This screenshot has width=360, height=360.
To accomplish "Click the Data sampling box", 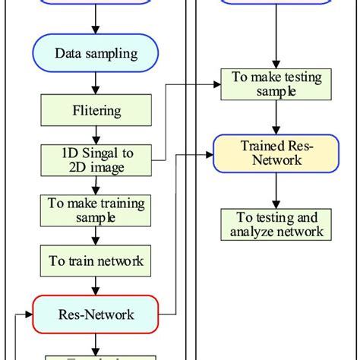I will (96, 54).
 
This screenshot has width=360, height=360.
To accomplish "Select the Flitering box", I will (96, 111).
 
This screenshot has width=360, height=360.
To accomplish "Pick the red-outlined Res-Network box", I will (96, 314).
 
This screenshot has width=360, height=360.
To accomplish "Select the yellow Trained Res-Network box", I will (276, 153).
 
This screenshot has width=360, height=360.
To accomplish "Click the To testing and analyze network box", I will (276, 225).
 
